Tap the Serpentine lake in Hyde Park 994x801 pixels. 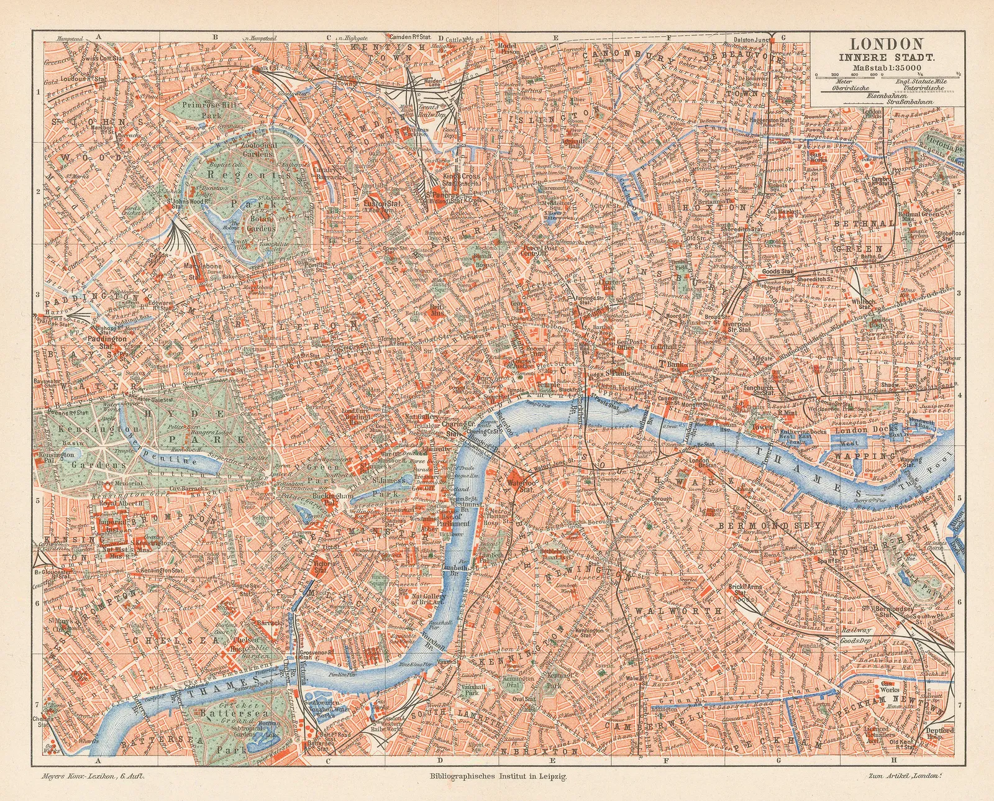pos(168,459)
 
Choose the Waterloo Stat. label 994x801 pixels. pos(504,485)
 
